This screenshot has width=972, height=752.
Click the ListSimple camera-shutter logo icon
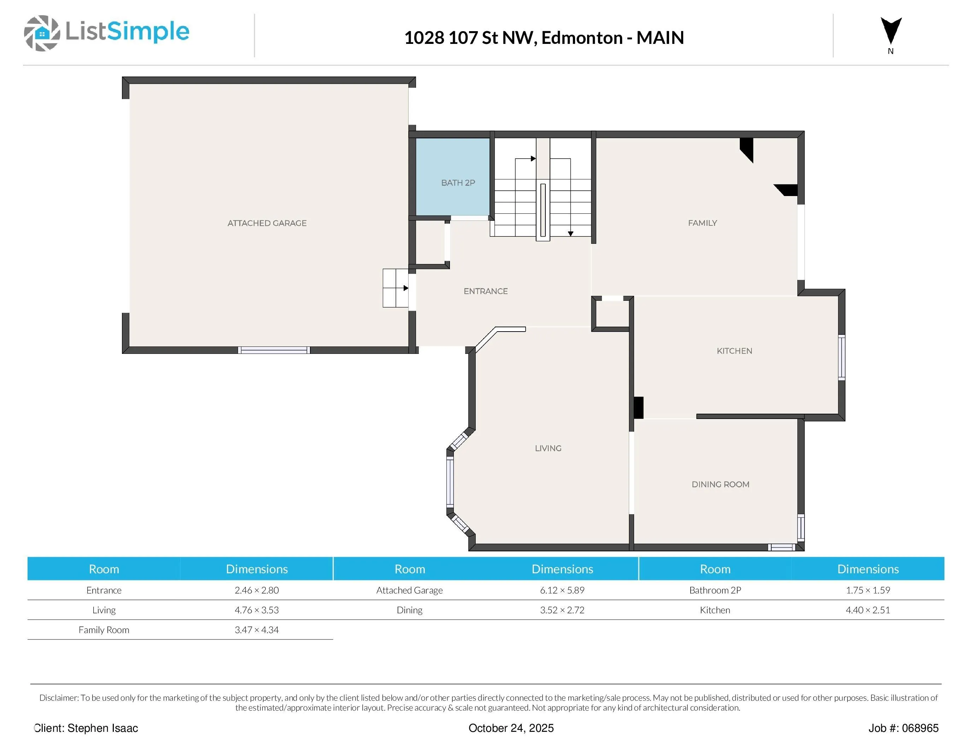click(x=42, y=33)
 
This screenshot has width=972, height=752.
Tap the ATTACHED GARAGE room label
click(x=267, y=223)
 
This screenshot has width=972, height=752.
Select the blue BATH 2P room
click(x=453, y=177)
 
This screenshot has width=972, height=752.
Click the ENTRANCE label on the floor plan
click(x=486, y=291)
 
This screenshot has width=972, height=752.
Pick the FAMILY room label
click(x=702, y=223)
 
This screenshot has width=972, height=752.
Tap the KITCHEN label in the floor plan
click(x=734, y=351)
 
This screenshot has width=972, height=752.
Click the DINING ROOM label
click(x=720, y=484)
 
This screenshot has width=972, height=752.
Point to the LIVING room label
click(x=548, y=448)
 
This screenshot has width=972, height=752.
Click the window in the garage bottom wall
click(x=274, y=350)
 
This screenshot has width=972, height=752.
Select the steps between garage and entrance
click(x=396, y=288)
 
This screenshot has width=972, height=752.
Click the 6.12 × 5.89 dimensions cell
click(x=562, y=590)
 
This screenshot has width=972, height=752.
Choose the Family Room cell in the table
click(x=104, y=630)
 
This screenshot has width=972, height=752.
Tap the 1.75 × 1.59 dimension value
click(x=868, y=590)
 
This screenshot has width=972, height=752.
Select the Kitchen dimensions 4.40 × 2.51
click(x=868, y=610)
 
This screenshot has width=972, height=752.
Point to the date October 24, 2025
click(x=511, y=728)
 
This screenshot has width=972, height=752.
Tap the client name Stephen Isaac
click(x=103, y=728)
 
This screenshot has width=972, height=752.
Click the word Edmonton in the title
click(x=582, y=38)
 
